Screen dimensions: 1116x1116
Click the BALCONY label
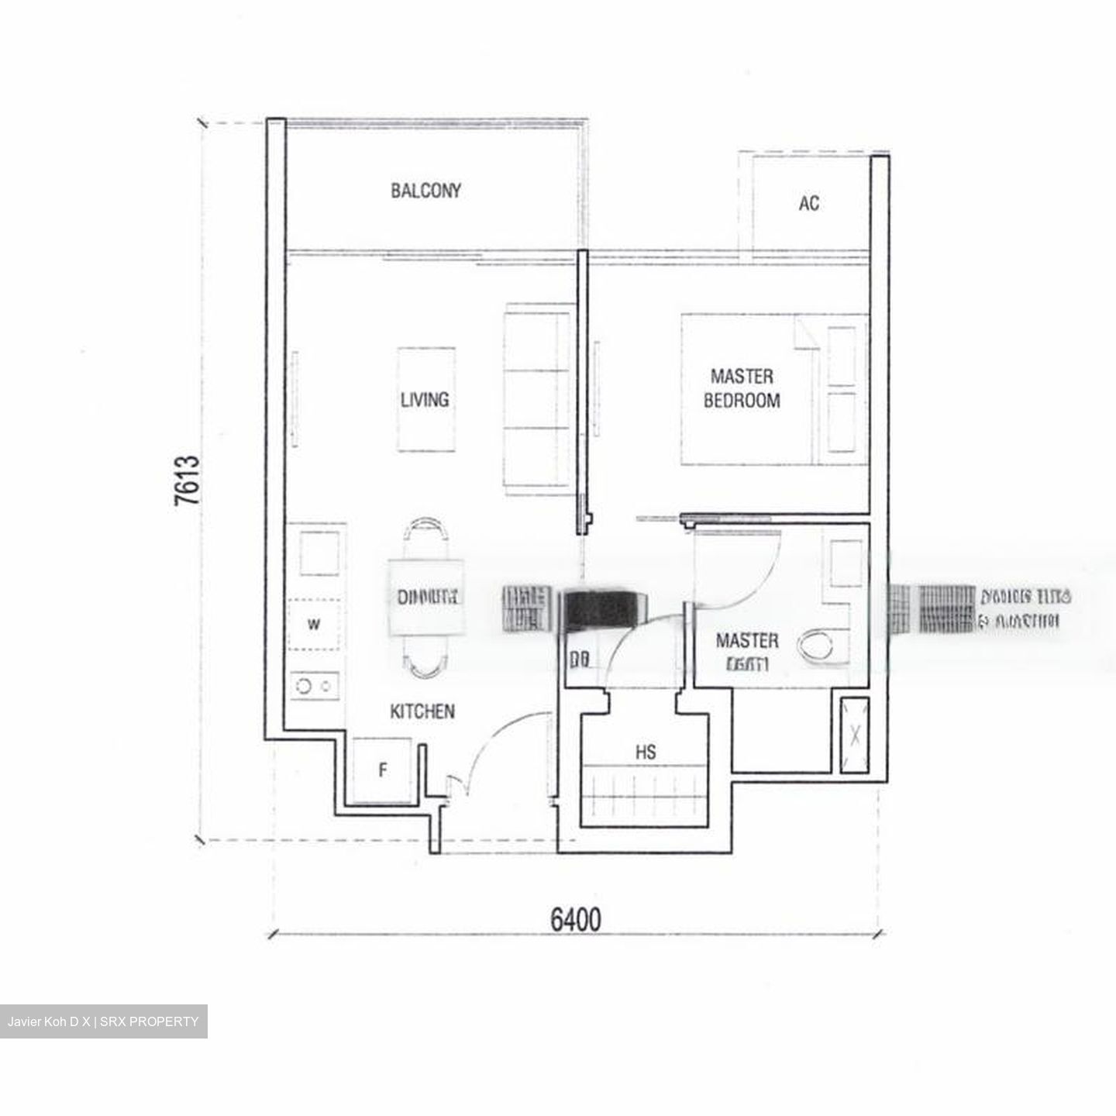[x=425, y=191]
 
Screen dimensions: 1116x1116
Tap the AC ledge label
[x=808, y=204]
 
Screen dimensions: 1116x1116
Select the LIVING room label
[x=424, y=400]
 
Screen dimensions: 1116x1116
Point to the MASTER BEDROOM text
[x=742, y=389]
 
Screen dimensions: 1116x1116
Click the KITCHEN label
[x=422, y=711]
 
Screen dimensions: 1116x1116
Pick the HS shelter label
[x=645, y=752]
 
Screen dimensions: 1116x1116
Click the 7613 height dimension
[x=188, y=480]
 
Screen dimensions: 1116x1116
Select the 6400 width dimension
[x=575, y=920]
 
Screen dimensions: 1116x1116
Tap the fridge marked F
[x=382, y=771]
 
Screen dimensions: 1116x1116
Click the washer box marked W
[x=314, y=625]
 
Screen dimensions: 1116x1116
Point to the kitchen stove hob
[x=315, y=686]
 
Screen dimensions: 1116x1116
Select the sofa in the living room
[x=537, y=399]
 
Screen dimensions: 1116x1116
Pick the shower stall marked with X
[x=854, y=734]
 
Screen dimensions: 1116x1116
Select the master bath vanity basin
[x=846, y=563]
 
